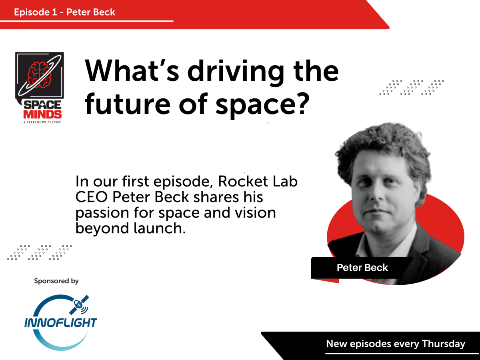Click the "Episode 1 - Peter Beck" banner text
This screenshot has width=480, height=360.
pos(64,12)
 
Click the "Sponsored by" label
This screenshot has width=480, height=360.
pos(56,281)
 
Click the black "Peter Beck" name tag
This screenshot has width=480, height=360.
pos(362,268)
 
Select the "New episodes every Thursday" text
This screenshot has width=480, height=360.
pos(396,344)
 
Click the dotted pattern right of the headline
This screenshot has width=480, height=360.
pos(412,87)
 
